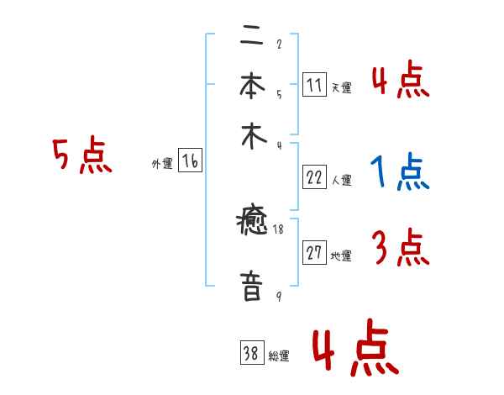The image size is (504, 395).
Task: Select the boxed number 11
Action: click(314, 86)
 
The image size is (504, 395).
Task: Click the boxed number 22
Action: click(314, 177)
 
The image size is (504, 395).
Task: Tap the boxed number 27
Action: click(314, 254)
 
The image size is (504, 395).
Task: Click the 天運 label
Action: click(341, 87)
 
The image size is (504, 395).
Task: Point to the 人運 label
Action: click(341, 179)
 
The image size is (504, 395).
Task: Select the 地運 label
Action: click(341, 255)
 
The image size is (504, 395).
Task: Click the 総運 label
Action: click(279, 355)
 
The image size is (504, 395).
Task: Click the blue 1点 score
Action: click(400, 174)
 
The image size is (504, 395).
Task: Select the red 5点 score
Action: click(81, 156)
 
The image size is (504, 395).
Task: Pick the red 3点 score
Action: click(400, 248)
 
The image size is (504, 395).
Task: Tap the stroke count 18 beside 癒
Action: click(277, 228)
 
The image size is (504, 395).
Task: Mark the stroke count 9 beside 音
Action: click(278, 296)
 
